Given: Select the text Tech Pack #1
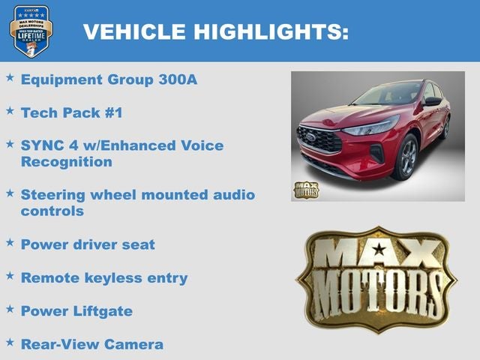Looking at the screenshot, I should pos(71,112).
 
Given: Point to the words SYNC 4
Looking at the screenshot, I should pos(49,145).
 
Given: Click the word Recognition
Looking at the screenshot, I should pos(67,161).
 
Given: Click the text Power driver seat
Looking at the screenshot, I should pos(88,244).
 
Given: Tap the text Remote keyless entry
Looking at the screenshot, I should pos(104,277).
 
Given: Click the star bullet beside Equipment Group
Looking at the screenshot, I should pos(10,77).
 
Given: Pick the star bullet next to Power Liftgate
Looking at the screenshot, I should pos(10,308).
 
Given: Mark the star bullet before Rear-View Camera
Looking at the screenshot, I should pos(10,342).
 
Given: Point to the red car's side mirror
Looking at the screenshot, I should pos(433,101).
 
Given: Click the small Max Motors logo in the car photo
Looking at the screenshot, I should pos(305,190).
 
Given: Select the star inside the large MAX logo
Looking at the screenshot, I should pos(379,249).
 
